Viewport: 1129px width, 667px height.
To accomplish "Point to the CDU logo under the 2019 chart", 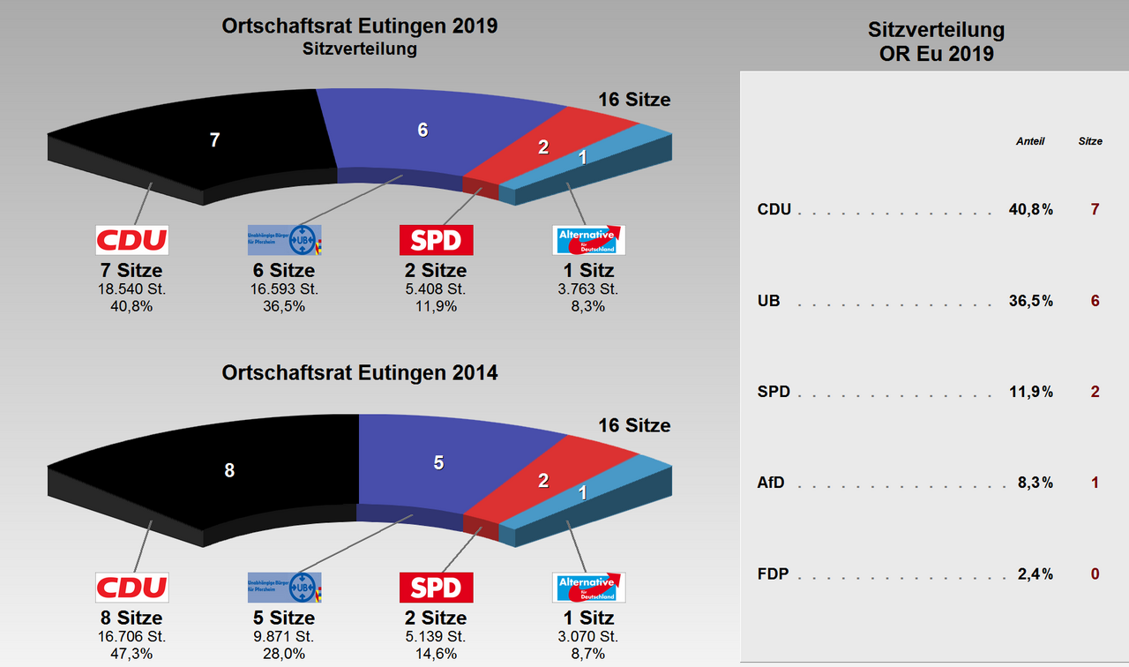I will pos(131,240).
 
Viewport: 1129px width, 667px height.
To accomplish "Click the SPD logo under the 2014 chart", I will pos(436,587).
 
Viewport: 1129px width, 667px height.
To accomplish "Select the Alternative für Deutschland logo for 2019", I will pos(588,240).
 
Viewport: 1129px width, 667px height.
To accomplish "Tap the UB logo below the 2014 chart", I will pos(284,587).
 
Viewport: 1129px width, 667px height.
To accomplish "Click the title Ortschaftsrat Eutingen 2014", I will pos(360,373).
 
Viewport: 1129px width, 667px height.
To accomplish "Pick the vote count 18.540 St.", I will pos(131,289).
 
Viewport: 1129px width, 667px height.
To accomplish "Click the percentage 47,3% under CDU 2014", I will pos(131,654).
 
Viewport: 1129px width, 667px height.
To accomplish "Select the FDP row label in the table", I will pos(772,574).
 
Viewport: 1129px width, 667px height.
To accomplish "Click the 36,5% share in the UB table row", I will pos(1030,301).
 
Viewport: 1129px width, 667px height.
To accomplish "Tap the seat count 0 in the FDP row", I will pos(1095,574).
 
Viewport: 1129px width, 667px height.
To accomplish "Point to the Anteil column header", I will pos(1029,141).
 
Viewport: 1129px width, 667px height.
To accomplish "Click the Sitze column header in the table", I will pos(1090,141).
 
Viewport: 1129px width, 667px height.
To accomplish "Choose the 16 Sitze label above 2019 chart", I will pos(634,100).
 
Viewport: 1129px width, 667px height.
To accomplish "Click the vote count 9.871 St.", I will pos(284,636).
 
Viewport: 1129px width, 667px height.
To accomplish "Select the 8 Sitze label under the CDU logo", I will pos(131,618).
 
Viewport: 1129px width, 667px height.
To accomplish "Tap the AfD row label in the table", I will pos(771,483).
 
